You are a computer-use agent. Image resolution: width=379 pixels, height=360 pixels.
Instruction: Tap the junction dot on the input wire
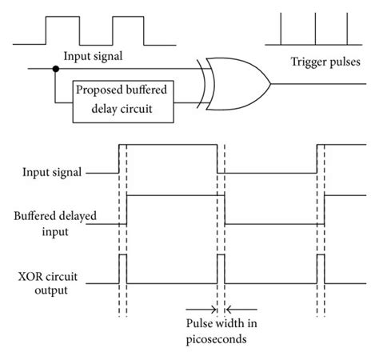point(56,70)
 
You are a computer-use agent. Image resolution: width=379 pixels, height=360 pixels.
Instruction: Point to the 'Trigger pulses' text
point(323,62)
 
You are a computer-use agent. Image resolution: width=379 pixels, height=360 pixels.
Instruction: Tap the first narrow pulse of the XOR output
point(122,269)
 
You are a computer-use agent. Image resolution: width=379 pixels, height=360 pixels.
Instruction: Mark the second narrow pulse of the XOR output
point(221,269)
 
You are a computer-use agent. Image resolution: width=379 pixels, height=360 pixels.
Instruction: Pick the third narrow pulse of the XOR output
point(321,269)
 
